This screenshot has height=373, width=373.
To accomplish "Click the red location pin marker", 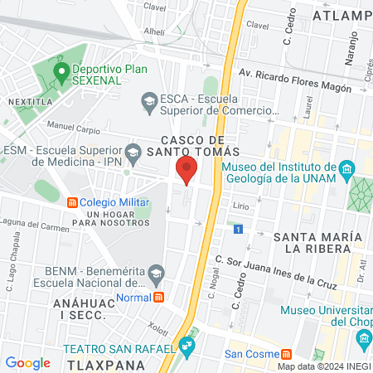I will pyautogui.click(x=186, y=171).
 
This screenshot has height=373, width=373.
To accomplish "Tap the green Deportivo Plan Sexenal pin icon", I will pyautogui.click(x=61, y=72).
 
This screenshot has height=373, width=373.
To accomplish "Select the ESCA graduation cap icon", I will pyautogui.click(x=149, y=102).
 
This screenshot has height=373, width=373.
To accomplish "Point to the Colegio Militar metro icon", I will pyautogui.click(x=72, y=202).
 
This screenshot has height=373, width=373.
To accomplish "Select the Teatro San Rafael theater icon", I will pyautogui.click(x=188, y=343).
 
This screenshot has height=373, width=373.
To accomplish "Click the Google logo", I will pyautogui.click(x=28, y=362).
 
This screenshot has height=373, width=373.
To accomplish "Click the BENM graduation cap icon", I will pyautogui.click(x=155, y=272).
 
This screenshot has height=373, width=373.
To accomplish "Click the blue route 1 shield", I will pyautogui.click(x=238, y=229).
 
